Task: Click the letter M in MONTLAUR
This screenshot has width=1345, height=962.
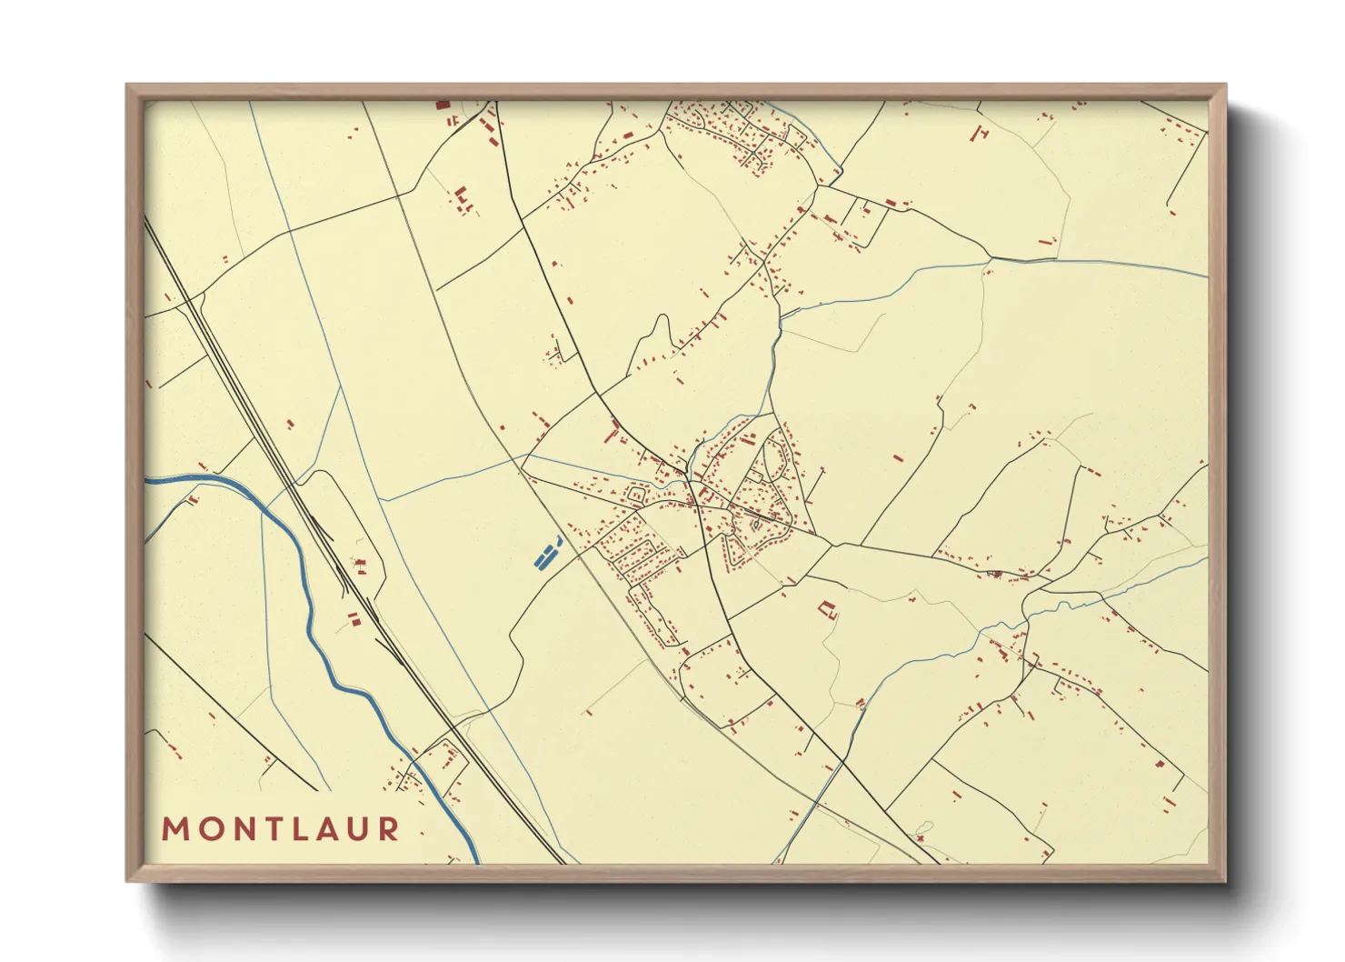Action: tap(174, 829)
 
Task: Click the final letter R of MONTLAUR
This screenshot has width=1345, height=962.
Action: tap(389, 829)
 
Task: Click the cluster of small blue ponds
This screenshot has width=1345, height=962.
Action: tap(547, 553)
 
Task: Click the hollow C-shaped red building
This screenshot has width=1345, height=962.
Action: tap(826, 608)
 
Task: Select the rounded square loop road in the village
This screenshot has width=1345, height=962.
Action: tap(636, 495)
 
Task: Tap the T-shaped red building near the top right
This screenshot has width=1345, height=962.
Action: tap(980, 134)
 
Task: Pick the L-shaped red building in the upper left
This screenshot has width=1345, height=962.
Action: tap(461, 195)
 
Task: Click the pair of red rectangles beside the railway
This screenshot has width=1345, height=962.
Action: tap(354, 619)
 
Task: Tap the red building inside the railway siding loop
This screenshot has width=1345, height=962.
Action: tap(360, 566)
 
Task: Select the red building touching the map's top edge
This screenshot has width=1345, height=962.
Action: tap(443, 105)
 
